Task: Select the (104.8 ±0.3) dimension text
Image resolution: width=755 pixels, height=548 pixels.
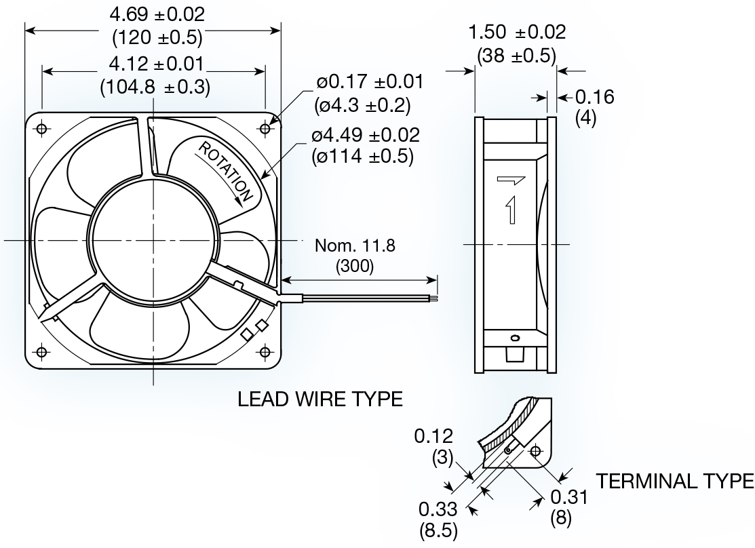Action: click(155, 87)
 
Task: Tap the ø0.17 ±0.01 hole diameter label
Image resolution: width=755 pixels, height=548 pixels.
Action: click(370, 82)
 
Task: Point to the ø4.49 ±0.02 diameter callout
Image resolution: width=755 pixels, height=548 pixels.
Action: click(366, 135)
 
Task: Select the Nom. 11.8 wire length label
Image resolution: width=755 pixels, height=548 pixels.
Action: click(353, 246)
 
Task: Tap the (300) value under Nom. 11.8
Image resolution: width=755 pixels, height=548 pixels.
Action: click(354, 267)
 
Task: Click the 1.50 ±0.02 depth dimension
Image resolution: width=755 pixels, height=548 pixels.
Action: click(517, 32)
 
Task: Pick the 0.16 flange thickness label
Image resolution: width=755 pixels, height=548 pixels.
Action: click(594, 97)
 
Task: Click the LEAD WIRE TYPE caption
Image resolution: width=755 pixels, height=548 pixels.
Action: click(320, 399)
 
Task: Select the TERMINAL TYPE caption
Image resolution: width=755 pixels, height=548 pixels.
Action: click(674, 481)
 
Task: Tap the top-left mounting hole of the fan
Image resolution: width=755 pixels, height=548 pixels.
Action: click(42, 128)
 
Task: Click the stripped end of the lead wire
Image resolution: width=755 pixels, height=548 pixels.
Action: click(435, 297)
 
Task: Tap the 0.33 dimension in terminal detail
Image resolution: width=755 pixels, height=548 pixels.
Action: click(438, 508)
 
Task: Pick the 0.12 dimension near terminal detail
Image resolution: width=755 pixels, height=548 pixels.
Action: click(434, 435)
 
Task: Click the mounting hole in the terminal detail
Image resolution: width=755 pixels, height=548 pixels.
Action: click(536, 450)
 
